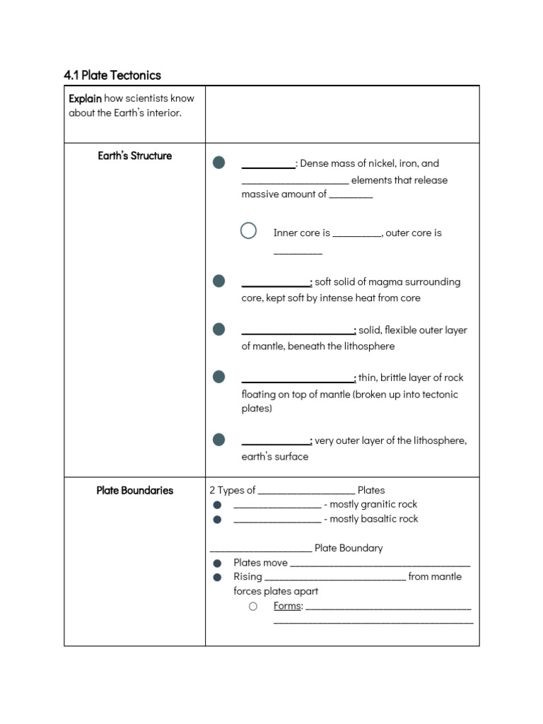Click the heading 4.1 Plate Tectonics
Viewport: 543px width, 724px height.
point(112,75)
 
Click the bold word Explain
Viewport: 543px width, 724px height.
point(85,98)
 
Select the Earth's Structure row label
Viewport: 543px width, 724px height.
point(134,156)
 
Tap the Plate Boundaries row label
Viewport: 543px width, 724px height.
point(134,490)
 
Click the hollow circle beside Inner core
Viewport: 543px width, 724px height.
point(248,230)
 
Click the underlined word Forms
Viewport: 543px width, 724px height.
point(288,606)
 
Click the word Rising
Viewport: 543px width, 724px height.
point(247,577)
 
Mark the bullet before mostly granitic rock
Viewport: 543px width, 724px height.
point(218,505)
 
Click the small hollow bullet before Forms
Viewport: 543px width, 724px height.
point(252,606)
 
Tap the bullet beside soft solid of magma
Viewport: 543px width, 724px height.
point(219,281)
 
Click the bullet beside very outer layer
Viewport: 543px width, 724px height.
point(219,440)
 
